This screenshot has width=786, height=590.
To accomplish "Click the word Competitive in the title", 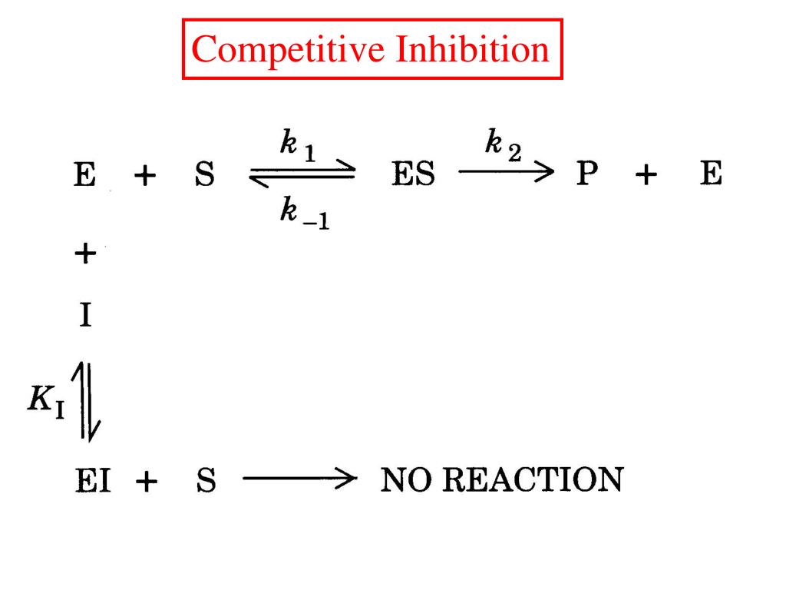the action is tap(289, 50).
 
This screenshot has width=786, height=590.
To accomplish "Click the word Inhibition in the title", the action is tap(472, 50).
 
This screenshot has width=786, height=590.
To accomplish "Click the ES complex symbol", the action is tap(413, 176).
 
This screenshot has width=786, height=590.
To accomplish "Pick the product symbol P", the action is tap(587, 176).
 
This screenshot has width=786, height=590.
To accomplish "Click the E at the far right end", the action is tap(712, 176).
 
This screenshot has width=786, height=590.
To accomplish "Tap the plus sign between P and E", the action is tap(646, 177).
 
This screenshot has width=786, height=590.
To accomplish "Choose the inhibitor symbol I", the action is tap(85, 316).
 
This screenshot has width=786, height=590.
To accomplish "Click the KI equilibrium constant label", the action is tap(43, 400).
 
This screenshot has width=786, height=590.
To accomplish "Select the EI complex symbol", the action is tap(92, 481).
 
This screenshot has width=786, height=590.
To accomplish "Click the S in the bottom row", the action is tap(205, 481).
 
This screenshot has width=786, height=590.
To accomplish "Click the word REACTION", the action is tap(536, 480).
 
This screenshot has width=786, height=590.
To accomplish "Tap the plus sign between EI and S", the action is tap(147, 482).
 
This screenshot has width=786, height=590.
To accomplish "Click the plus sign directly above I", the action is tap(86, 254).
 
